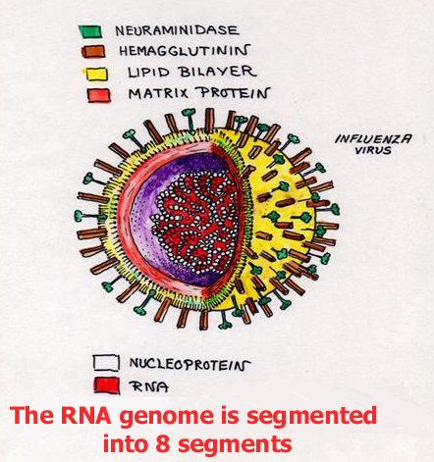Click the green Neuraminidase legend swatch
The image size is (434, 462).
90,31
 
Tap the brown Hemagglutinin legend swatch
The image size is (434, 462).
93,52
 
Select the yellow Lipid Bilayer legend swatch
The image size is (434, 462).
96,74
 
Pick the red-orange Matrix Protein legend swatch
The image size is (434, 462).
99,95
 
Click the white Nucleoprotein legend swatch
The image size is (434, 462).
106,363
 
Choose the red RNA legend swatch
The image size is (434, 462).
106,385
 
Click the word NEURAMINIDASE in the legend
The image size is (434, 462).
177,30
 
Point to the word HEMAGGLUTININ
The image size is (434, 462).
185,51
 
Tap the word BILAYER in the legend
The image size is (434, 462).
218,72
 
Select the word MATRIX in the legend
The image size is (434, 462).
159,94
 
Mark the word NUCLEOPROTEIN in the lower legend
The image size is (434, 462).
190,364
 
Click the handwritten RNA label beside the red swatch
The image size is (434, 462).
149,386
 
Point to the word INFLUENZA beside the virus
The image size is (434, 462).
373,139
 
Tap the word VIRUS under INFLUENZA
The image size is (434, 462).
373,150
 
